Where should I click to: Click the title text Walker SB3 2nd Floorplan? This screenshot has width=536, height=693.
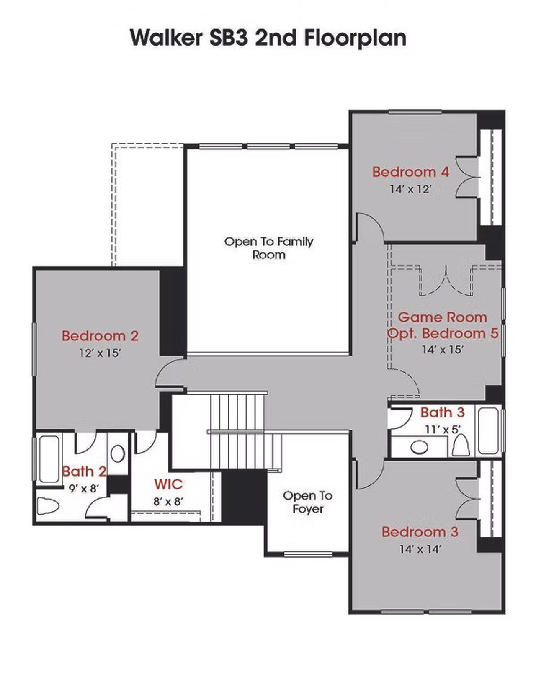point(268,38)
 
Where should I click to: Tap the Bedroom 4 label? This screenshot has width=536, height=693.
point(410,172)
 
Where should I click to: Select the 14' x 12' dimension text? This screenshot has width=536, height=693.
point(410,189)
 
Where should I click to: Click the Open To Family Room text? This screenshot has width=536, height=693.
point(268,248)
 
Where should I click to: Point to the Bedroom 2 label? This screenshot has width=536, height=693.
point(100,336)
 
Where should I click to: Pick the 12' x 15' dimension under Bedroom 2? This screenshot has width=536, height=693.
point(100,353)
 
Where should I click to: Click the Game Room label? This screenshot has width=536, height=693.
point(442,317)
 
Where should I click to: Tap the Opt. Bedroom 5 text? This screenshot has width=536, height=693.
point(443,334)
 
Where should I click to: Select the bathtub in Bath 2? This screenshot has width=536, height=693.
point(49,459)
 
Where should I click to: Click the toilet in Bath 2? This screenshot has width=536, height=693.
point(47,505)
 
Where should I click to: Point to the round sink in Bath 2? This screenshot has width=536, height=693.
point(118,453)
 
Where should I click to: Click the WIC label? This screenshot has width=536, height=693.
point(168,484)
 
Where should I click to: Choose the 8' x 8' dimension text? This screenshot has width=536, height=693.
point(168,501)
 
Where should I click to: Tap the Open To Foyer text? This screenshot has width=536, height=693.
point(308,502)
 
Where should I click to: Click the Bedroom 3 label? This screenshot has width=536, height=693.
point(420,532)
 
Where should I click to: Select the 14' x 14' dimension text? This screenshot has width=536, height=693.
point(420,549)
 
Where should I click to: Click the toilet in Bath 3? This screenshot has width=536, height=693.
point(461,446)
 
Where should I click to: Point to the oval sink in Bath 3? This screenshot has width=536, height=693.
point(419,447)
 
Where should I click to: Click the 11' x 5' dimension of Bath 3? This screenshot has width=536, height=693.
point(442,430)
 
